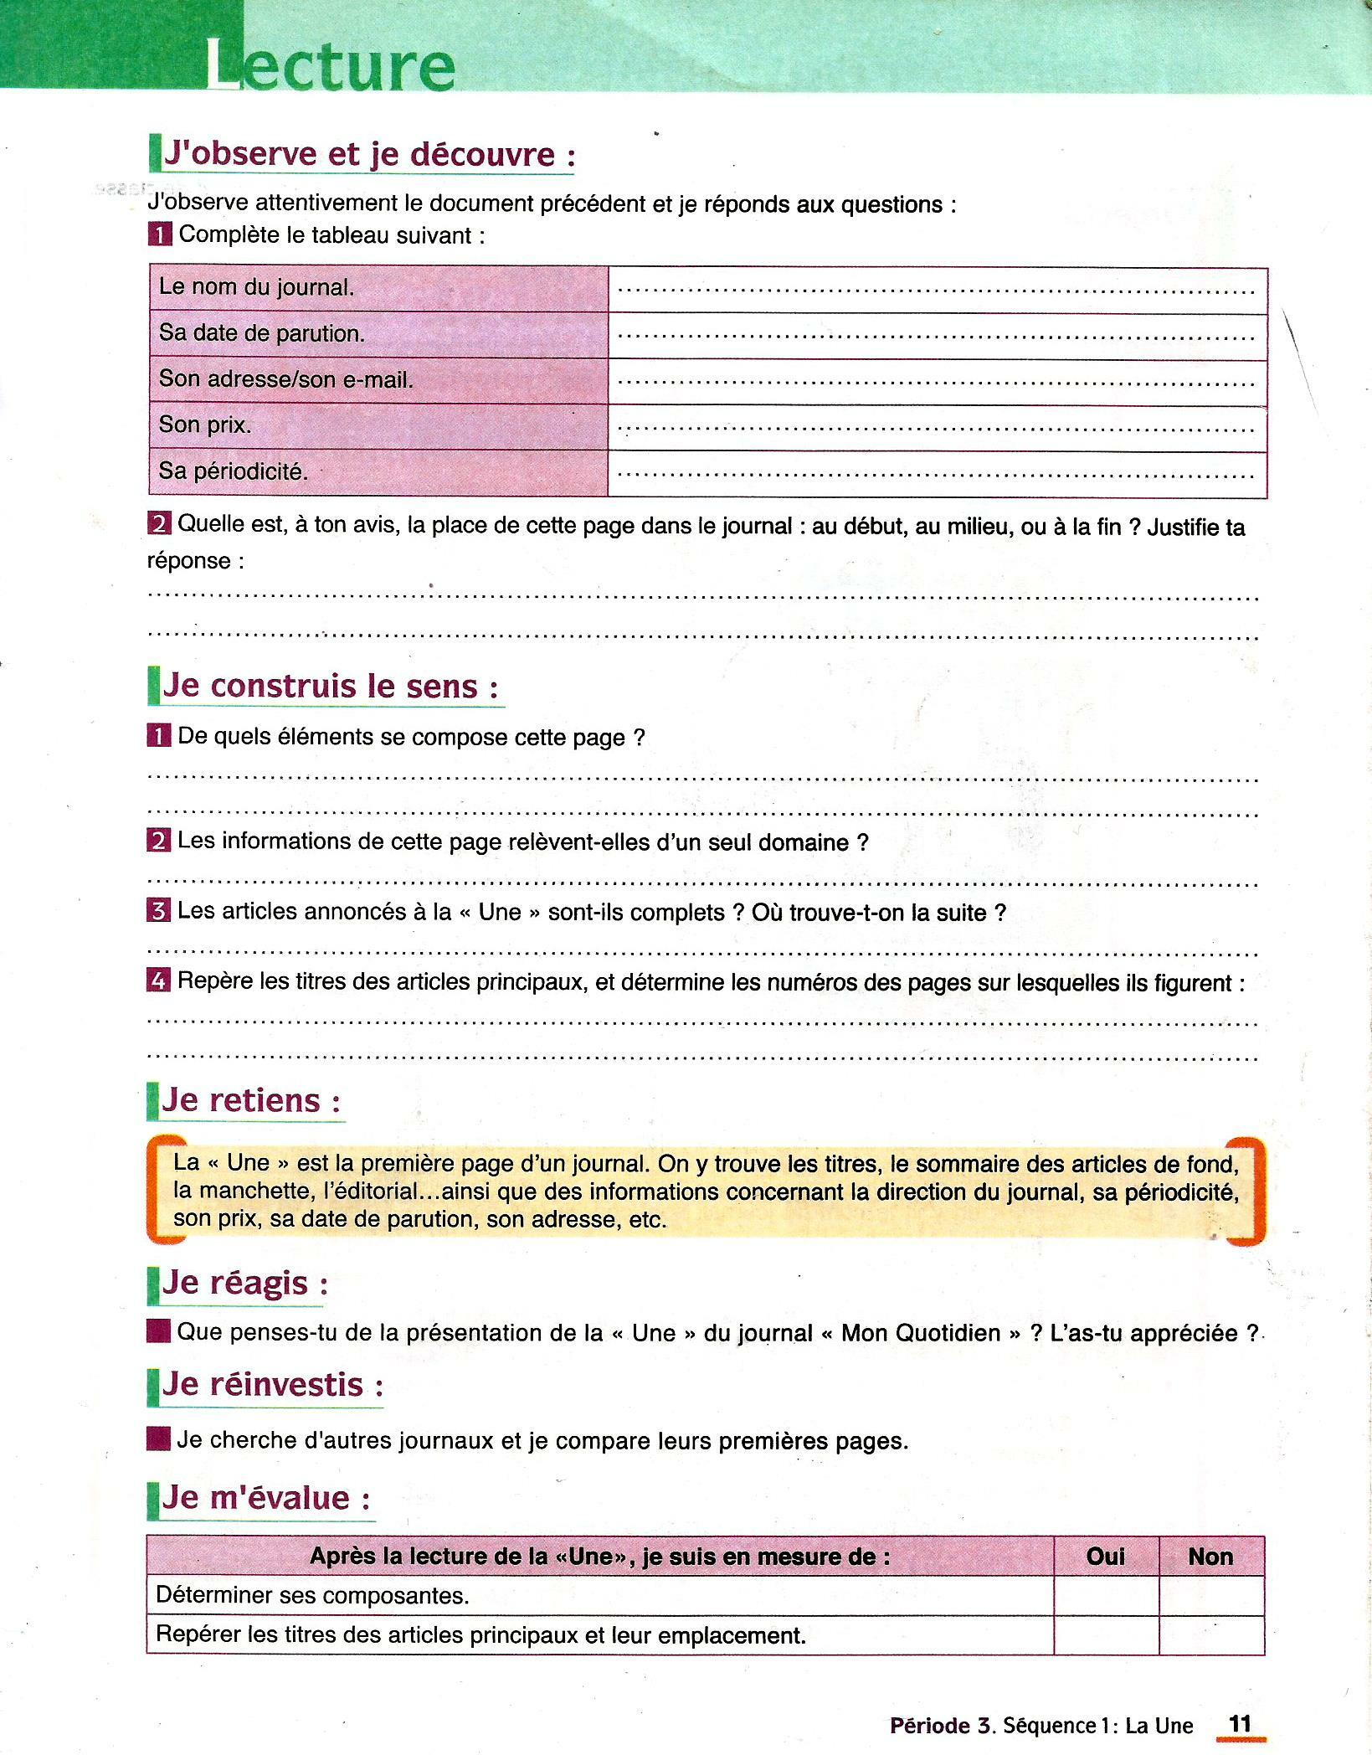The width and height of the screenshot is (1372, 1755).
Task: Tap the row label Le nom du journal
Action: pos(257,287)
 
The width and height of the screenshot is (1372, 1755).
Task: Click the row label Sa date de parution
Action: pos(262,333)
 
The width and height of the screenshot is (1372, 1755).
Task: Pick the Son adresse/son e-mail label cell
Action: pos(286,379)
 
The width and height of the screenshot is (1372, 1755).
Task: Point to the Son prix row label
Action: pos(205,425)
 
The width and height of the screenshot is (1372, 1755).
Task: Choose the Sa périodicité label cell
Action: pos(234,471)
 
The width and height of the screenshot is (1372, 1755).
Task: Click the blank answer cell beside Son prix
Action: pos(937,429)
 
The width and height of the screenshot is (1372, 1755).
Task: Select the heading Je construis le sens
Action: pos(331,686)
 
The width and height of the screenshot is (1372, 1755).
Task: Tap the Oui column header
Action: pos(1105,1556)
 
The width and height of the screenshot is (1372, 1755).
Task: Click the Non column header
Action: pos(1210,1556)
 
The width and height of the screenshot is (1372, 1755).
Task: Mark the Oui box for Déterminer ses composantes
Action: pos(1105,1595)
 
